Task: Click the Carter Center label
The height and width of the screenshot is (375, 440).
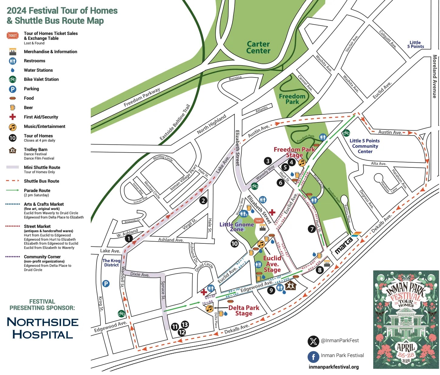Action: [x=258, y=48]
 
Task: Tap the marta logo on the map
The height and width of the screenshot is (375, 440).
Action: [x=344, y=246]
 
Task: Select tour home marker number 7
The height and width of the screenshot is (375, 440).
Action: [x=312, y=229]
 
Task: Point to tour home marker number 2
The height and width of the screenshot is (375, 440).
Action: [x=203, y=200]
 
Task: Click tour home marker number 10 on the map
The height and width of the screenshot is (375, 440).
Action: [x=234, y=243]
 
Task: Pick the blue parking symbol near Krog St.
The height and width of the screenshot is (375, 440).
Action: [x=106, y=284]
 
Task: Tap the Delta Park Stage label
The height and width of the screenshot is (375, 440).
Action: [x=244, y=310]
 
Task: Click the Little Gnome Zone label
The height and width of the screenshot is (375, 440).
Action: [x=237, y=227]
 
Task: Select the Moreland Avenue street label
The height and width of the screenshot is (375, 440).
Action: [x=435, y=77]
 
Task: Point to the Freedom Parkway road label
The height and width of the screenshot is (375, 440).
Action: [x=142, y=97]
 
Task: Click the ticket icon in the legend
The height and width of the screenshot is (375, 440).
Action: [x=12, y=36]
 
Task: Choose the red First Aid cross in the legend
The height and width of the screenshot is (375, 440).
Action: [x=12, y=117]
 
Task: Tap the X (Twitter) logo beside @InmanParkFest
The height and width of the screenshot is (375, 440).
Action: [x=313, y=341]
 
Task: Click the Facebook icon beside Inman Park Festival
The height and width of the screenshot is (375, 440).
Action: [x=313, y=356]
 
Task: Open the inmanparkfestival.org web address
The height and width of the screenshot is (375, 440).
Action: [x=333, y=367]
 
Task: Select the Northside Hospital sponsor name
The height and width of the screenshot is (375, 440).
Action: [x=43, y=328]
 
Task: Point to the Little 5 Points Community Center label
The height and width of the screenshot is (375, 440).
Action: [x=364, y=146]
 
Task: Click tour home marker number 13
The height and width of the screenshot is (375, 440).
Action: [x=185, y=325]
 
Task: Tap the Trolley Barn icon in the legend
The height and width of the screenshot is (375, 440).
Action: [x=12, y=150]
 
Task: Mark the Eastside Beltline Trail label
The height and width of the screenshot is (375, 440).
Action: [x=175, y=122]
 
